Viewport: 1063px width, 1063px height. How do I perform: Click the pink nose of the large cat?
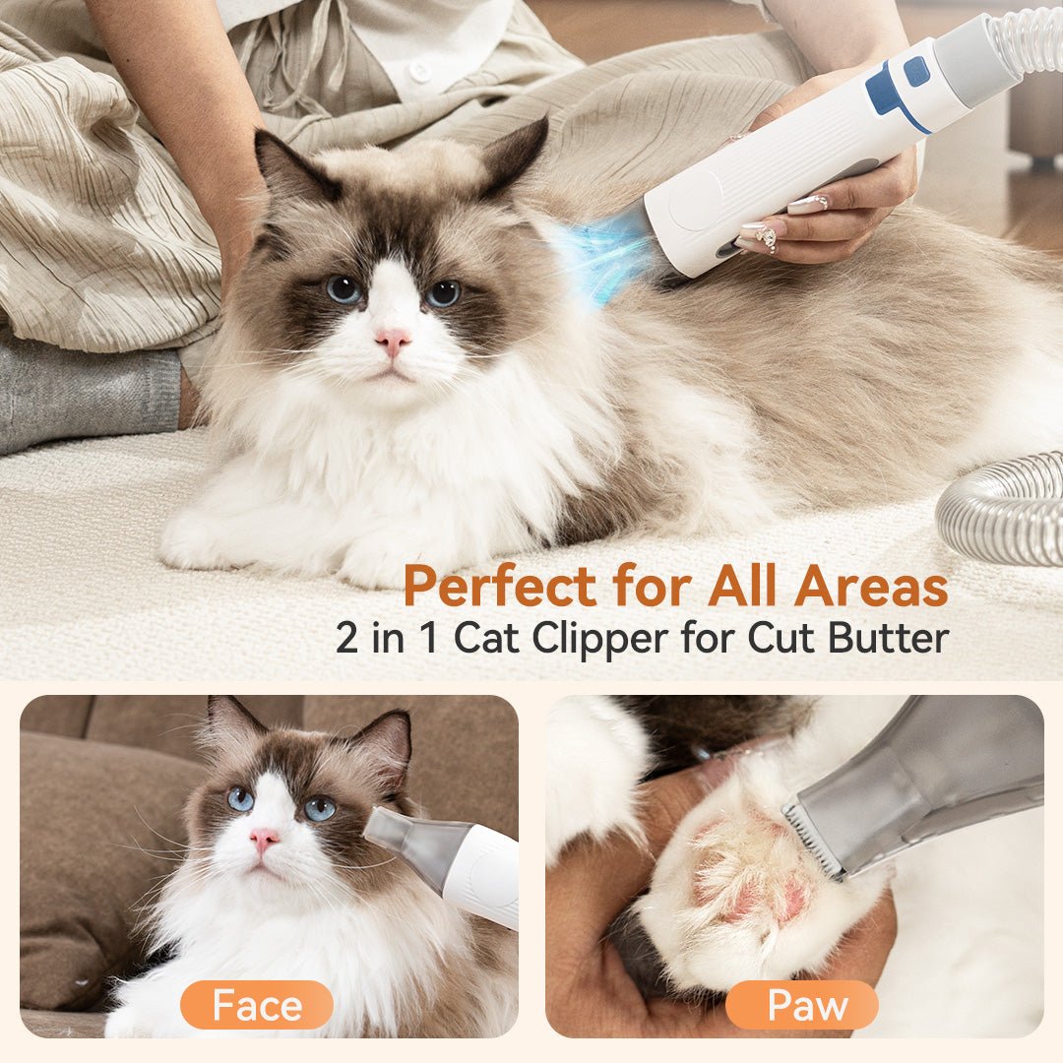[x=393, y=341]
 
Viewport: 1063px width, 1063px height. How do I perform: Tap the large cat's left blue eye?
[x=344, y=288]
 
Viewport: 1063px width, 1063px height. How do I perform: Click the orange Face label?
[x=257, y=1005]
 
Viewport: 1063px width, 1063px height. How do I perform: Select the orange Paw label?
[x=801, y=1005]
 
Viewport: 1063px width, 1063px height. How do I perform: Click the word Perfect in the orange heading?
[x=499, y=587]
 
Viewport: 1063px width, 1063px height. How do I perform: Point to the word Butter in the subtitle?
[x=888, y=638]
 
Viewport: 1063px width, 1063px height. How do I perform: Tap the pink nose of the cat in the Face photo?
[x=264, y=840]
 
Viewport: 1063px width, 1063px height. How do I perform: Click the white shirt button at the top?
[x=420, y=71]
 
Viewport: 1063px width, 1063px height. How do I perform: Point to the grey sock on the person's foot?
[x=89, y=394]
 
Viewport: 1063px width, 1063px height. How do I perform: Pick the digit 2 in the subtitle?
[x=347, y=638]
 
